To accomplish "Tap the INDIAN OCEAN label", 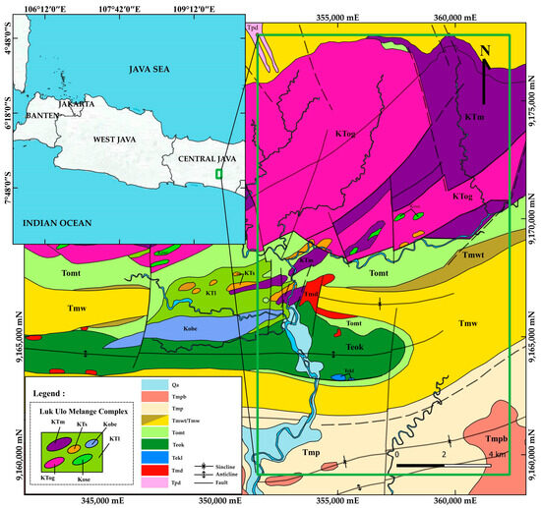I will click(49, 223).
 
